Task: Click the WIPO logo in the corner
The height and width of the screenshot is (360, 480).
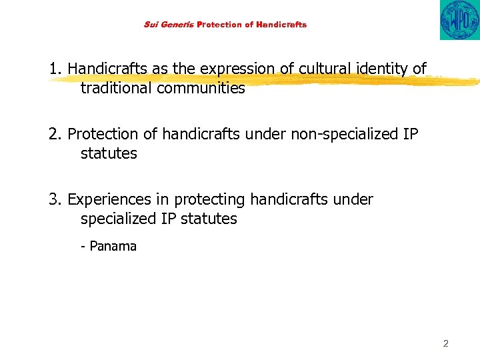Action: (459, 20)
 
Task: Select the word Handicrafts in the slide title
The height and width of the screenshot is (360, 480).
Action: (281, 25)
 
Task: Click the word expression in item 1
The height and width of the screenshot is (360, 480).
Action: (238, 69)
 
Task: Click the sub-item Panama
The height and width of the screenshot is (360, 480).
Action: (113, 246)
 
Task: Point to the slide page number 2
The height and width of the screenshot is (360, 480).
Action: (445, 344)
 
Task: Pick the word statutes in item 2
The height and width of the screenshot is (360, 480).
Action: (109, 153)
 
